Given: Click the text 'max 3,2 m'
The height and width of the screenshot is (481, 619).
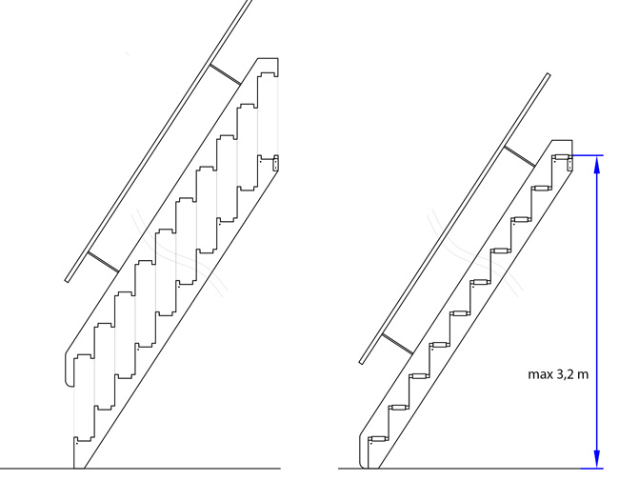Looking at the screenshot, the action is click(558, 374).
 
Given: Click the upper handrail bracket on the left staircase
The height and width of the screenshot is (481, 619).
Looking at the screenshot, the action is click(225, 74).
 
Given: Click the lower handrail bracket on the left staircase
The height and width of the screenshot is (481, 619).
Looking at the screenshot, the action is click(103, 262).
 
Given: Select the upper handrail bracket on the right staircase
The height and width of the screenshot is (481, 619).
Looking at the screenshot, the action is click(520, 156).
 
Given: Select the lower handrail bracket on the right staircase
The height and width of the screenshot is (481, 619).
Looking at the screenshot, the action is click(397, 344).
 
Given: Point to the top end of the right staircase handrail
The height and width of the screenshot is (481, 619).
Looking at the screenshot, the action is click(549, 75).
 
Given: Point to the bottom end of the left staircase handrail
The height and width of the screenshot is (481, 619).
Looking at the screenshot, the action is click(68, 280).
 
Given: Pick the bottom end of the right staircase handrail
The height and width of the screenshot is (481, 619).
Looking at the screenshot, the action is click(362, 361).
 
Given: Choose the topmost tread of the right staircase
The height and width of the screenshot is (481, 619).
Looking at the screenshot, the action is click(561, 157).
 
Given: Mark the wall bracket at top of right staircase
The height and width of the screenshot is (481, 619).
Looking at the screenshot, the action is click(570, 164).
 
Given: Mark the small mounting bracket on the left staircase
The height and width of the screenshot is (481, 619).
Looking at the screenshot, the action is click(275, 163).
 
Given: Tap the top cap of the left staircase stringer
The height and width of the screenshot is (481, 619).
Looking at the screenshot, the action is click(269, 66).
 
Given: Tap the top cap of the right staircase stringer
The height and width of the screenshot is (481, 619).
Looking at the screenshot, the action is click(562, 147).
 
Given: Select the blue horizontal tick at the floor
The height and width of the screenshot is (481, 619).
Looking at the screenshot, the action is click(592, 469).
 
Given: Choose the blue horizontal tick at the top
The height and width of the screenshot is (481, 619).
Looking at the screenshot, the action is click(589, 155).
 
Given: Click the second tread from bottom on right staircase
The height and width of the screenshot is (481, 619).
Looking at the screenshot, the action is click(398, 407).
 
